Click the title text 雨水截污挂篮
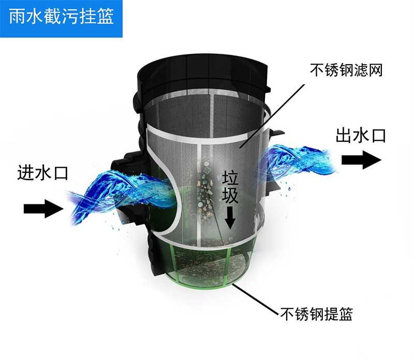pyautogui.click(x=61, y=19)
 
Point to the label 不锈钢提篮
pyautogui.click(x=316, y=313)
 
